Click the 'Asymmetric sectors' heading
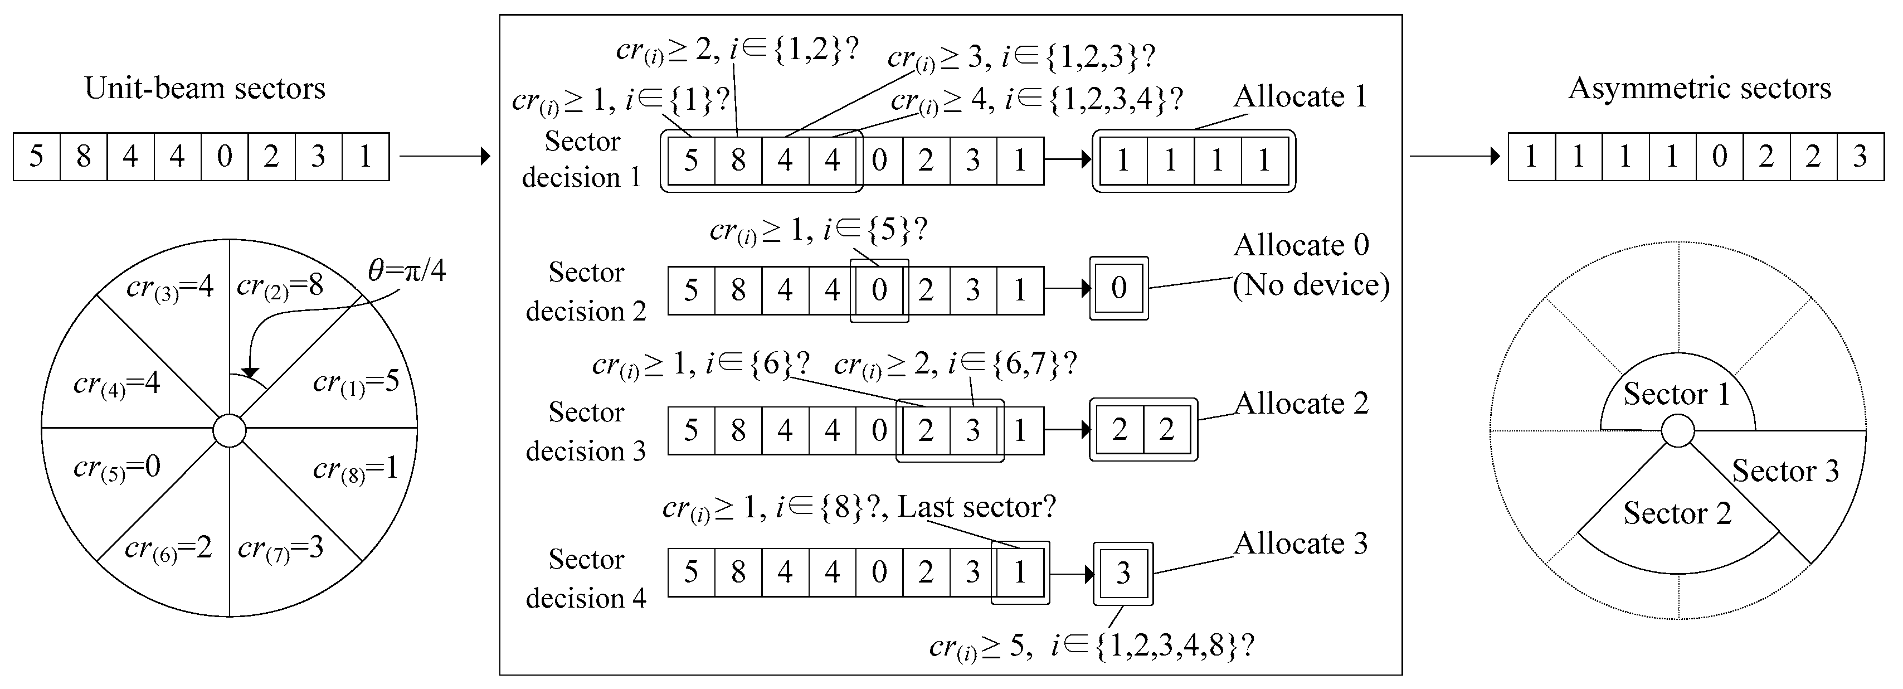click(x=1699, y=89)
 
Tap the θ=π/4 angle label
click(x=407, y=271)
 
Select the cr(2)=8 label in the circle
click(x=279, y=286)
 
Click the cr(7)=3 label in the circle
click(x=281, y=548)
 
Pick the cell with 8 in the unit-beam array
click(x=84, y=157)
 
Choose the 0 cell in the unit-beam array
click(x=225, y=157)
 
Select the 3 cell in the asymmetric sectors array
click(x=1860, y=157)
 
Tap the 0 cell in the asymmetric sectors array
click(x=1719, y=157)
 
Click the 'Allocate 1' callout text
click(x=1300, y=97)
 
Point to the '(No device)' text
click(x=1311, y=285)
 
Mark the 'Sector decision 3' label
click(x=586, y=431)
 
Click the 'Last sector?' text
click(x=977, y=507)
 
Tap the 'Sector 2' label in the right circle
click(x=1677, y=513)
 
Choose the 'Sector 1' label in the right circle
click(x=1676, y=395)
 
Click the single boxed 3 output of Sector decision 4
click(x=1123, y=573)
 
